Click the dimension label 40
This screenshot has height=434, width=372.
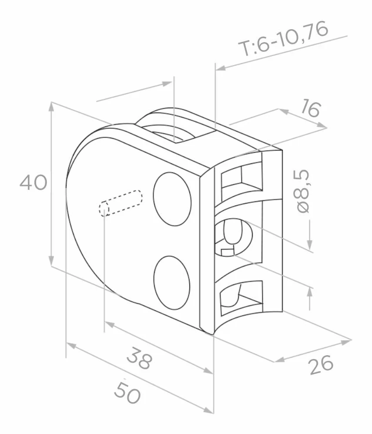click(x=34, y=182)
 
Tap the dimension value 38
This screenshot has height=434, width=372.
click(x=140, y=358)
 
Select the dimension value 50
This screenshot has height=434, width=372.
click(x=127, y=392)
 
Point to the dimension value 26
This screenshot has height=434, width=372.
click(x=321, y=365)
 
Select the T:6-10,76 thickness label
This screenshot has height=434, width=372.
click(x=284, y=38)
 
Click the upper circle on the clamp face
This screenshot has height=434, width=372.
click(x=172, y=199)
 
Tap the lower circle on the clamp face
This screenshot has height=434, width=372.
click(x=172, y=283)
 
